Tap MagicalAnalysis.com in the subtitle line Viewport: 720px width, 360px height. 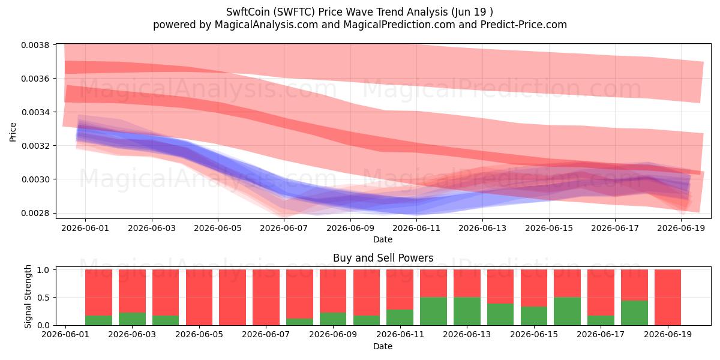(266, 25)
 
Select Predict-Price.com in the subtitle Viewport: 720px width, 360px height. (524, 25)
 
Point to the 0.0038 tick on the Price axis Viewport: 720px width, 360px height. (35, 45)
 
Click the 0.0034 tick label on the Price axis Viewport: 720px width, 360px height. (35, 112)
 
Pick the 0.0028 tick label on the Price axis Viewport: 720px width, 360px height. (35, 213)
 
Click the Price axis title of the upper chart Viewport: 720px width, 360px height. (13, 132)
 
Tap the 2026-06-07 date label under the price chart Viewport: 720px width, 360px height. (284, 228)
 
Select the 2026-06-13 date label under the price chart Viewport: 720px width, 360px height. (482, 228)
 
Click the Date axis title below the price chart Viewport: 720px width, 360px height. (383, 239)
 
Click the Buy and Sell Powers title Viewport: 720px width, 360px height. (383, 258)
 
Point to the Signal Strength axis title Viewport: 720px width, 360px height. (28, 296)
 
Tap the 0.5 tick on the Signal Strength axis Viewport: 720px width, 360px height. (43, 298)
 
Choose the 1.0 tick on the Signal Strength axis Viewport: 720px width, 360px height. (43, 269)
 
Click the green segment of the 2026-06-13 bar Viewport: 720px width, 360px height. (467, 311)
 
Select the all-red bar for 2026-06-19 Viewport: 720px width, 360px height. (668, 298)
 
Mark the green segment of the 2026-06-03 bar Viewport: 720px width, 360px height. (132, 319)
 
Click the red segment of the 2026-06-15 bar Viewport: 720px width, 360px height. (534, 288)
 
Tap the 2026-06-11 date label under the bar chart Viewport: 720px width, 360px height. (400, 335)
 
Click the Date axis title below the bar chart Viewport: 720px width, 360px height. (383, 346)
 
